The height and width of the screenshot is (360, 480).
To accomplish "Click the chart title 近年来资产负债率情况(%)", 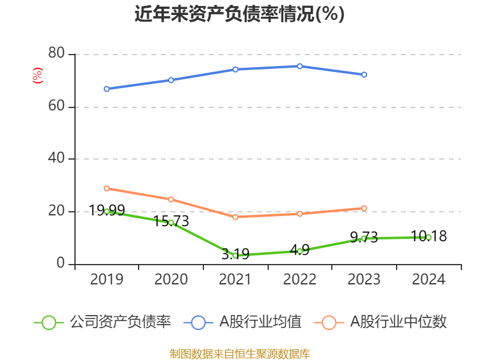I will coord(239,14).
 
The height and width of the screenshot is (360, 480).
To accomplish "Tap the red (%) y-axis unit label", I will coord(38,76).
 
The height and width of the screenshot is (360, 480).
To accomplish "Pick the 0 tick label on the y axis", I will coord(61,263).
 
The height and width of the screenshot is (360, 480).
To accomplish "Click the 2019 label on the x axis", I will coord(106,279).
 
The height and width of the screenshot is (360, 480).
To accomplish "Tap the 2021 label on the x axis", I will coord(235,279).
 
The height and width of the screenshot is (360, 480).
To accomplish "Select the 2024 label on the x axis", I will coord(428,279).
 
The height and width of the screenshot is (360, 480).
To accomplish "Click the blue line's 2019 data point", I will coord(107,89).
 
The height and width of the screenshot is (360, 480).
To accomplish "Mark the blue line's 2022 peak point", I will coord(300,66).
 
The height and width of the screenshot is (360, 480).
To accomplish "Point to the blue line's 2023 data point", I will coord(364,74).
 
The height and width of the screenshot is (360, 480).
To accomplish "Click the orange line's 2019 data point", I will coord(107,188).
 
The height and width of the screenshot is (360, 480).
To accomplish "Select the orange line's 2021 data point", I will coord(235,217).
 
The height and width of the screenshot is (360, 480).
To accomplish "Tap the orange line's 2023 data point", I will coord(364,208).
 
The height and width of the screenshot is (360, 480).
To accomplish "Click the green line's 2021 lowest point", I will coord(235,256).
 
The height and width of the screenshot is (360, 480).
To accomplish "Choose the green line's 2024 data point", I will coord(428,237).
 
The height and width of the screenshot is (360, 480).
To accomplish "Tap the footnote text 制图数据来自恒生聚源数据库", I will coord(239,353).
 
